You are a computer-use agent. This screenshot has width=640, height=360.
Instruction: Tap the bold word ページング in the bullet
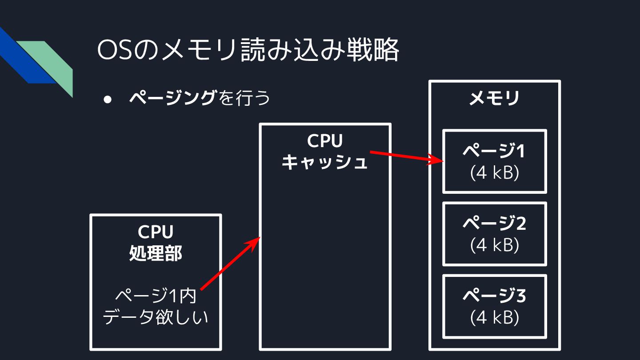point(172,97)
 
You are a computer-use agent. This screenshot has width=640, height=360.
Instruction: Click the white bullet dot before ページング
point(107,99)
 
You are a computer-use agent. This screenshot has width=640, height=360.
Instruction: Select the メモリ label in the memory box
point(494,98)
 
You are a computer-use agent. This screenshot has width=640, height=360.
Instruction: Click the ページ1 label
point(494,152)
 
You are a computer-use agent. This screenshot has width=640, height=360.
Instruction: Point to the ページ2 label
point(494,223)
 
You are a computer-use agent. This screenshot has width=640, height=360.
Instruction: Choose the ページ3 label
point(494,296)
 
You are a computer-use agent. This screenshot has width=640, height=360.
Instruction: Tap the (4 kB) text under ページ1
point(494,173)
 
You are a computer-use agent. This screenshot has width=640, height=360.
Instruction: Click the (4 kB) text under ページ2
point(494,245)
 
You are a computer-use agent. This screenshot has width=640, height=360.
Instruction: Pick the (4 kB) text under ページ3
point(494,317)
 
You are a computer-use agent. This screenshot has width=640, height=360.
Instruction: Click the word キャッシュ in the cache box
point(325,162)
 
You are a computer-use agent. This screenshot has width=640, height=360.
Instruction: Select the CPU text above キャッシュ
point(325,141)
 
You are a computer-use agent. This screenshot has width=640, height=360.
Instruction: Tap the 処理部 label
point(156,254)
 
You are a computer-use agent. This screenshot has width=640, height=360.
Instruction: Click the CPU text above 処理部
point(156,232)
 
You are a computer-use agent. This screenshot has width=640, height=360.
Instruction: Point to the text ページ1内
point(156,296)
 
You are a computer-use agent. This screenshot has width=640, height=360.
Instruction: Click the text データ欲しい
point(156,317)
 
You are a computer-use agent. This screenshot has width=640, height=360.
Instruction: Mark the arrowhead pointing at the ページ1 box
point(436,160)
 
